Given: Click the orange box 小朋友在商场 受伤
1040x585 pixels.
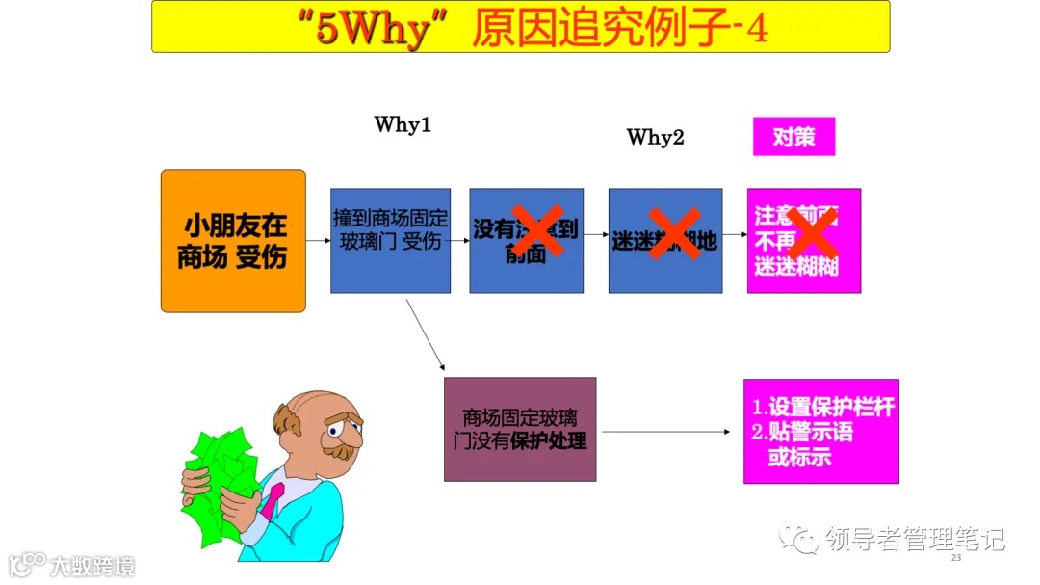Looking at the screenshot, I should click(233, 241).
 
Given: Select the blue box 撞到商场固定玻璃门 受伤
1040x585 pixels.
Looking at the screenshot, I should click(390, 240).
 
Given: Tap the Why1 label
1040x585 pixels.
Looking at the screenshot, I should click(403, 125).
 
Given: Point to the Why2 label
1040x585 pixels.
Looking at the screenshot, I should click(655, 137).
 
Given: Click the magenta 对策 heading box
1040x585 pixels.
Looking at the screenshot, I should click(793, 137).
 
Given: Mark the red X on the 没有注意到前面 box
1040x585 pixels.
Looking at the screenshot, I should click(536, 232).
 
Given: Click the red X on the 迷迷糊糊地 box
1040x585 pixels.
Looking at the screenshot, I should click(674, 234).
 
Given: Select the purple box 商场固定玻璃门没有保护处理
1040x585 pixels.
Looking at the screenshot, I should click(520, 429).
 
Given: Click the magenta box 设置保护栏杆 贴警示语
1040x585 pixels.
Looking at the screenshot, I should click(820, 431).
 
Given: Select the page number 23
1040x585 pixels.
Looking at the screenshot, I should click(956, 559).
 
